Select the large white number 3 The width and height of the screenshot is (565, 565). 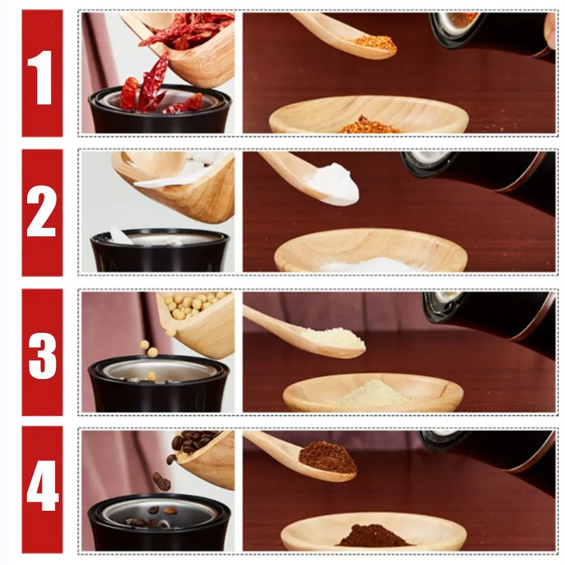(x=42, y=355)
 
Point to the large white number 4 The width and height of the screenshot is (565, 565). (x=42, y=485)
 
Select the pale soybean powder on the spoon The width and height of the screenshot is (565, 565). (x=333, y=338)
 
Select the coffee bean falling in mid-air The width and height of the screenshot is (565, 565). (x=162, y=481)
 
